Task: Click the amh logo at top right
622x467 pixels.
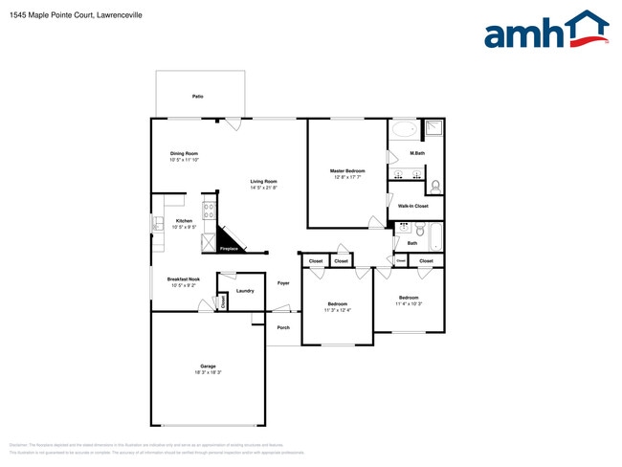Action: (545, 32)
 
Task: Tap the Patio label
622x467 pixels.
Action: (198, 97)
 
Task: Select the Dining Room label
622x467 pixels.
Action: (184, 153)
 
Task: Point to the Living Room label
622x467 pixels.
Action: (264, 181)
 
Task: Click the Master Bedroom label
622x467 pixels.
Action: (348, 170)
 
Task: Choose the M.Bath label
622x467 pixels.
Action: (417, 153)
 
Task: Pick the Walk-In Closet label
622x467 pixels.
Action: (413, 206)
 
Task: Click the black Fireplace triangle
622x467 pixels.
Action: (228, 240)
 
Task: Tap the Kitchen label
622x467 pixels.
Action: (184, 221)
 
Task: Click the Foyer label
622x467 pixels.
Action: (283, 283)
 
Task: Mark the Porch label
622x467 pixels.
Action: (283, 327)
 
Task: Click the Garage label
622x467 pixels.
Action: (208, 367)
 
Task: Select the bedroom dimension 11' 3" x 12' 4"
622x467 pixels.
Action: (338, 310)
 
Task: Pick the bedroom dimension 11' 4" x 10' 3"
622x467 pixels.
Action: (409, 303)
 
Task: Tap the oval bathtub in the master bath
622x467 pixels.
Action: (404, 129)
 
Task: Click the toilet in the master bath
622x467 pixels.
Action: (435, 185)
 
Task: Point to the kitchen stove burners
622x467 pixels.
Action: (207, 208)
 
